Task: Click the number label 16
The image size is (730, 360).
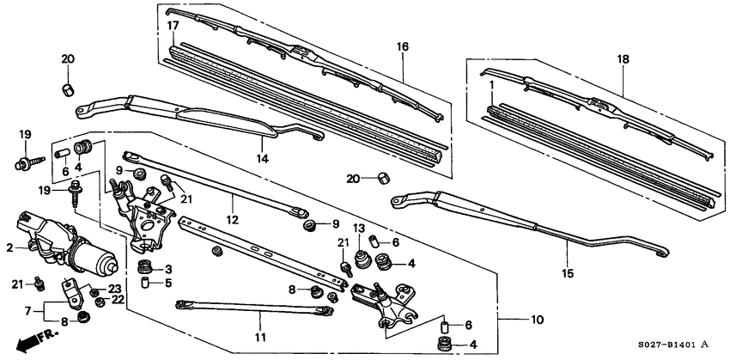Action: coord(400,46)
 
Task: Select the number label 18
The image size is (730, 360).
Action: coord(623,59)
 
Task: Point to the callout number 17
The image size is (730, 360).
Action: coord(173,27)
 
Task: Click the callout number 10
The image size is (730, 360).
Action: coord(538,320)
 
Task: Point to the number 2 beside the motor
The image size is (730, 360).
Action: coord(9,247)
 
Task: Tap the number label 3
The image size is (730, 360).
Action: coord(168,269)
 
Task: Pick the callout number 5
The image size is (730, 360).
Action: coord(168,282)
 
